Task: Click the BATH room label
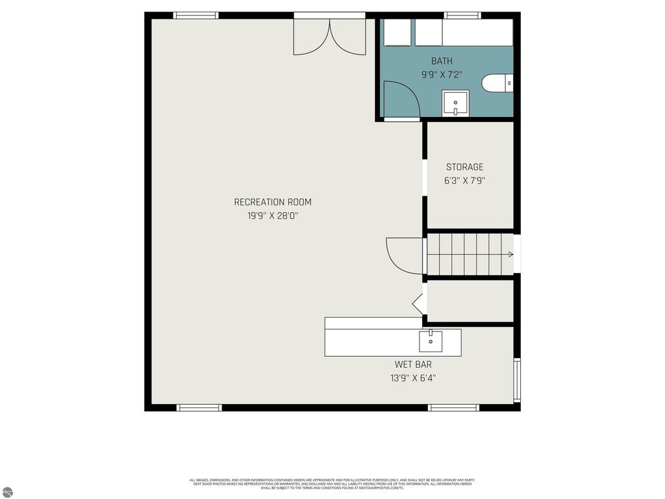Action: [x=442, y=61]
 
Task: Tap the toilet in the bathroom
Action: [x=497, y=83]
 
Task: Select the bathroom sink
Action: [x=455, y=103]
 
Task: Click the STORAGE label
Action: [x=464, y=167]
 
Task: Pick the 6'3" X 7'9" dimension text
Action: [x=464, y=181]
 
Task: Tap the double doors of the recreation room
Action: [x=330, y=36]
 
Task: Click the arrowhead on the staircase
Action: [x=511, y=254]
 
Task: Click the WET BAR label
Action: [x=413, y=365]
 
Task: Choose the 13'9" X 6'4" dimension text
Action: [x=413, y=378]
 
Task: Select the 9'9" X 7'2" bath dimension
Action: [x=442, y=75]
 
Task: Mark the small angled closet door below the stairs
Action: [x=418, y=303]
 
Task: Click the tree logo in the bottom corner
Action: [x=6, y=492]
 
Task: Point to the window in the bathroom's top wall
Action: [x=462, y=15]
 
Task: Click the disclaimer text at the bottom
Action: [x=332, y=483]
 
